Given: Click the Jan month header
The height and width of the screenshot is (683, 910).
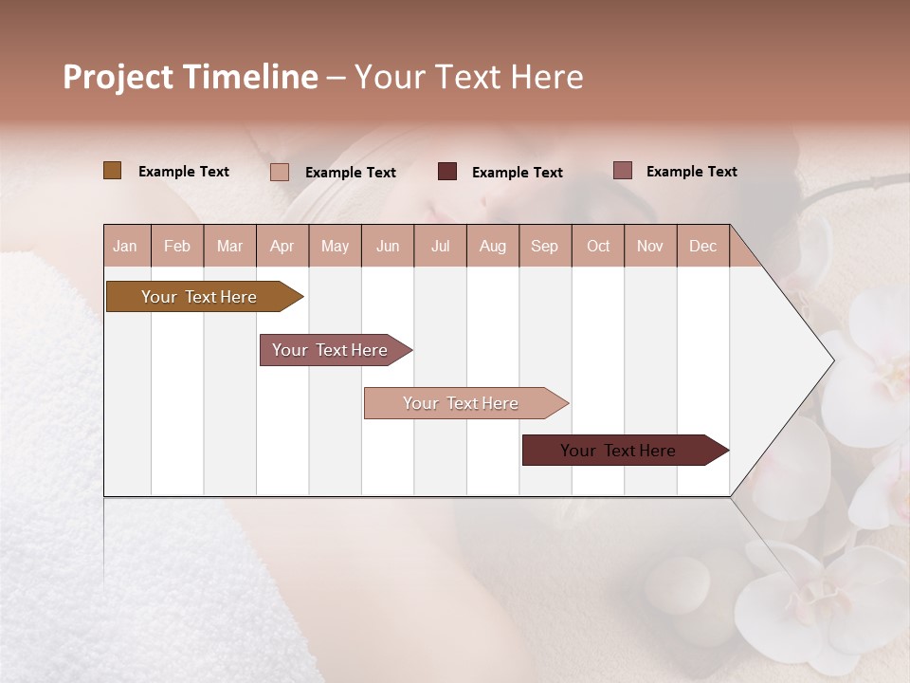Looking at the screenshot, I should [125, 247].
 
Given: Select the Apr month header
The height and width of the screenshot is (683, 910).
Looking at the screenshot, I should [282, 247].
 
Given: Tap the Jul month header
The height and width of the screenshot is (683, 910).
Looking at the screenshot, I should [440, 247].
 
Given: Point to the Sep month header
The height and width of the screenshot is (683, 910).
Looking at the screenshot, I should [544, 247].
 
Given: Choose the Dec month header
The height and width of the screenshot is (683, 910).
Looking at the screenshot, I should [702, 247].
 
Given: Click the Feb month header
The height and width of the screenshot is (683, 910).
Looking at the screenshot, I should [177, 247].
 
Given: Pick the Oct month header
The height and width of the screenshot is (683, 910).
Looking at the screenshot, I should [598, 247].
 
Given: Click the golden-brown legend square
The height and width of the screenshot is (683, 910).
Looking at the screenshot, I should [112, 171].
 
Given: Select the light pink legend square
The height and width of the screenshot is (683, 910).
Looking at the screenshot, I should [280, 172].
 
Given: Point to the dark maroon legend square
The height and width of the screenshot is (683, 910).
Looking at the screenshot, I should [447, 172].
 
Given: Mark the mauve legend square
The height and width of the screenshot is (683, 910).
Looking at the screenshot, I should [622, 171].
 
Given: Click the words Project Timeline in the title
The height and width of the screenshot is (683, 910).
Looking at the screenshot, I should [190, 77].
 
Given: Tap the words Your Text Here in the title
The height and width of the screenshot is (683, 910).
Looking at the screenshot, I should [468, 77].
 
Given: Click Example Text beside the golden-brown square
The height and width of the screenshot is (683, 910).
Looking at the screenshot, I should [184, 172].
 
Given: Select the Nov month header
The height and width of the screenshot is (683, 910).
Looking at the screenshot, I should [650, 247].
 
